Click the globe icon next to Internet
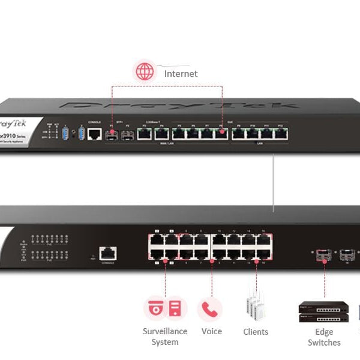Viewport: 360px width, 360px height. click(144, 72)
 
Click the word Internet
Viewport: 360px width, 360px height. click(181, 73)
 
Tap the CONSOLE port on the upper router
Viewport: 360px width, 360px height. click(94, 134)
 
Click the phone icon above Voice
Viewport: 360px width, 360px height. click(209, 309)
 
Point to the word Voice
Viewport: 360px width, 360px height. click(211, 331)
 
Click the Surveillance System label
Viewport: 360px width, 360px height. click(165, 337)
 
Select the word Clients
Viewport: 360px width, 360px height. click(256, 332)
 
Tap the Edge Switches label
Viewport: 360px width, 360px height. click(324, 337)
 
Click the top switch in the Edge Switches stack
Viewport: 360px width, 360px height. click(323, 307)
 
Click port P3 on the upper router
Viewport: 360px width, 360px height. click(145, 134)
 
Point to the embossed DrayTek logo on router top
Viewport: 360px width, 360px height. click(180, 106)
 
